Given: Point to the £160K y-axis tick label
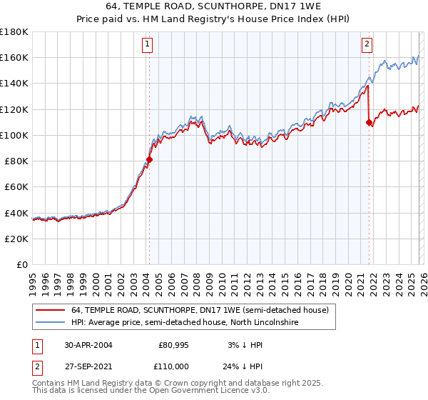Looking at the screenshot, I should (x=14, y=57).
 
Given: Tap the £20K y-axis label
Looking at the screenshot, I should (x=16, y=239).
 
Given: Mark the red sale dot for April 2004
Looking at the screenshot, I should (x=149, y=160).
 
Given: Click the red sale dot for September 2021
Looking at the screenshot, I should (x=369, y=122).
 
